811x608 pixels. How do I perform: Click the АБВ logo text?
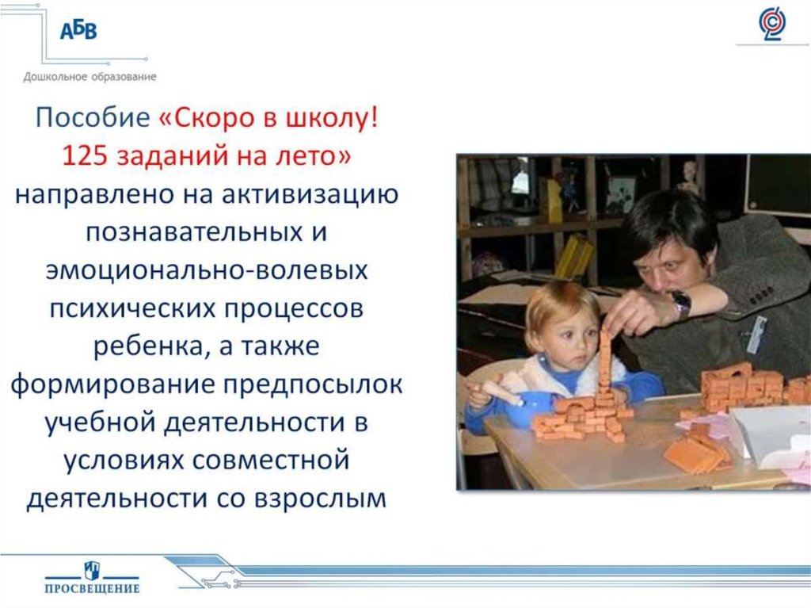point(78,31)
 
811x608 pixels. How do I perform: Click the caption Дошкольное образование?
point(89,77)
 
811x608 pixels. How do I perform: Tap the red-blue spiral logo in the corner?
point(771,23)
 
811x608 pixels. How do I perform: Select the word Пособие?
point(93,117)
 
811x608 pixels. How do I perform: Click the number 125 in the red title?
point(84,155)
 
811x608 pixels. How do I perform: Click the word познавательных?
point(194,232)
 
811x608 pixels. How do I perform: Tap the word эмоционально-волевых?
point(207,270)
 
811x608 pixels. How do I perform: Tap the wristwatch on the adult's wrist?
point(681,304)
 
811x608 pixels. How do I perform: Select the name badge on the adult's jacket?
point(756,334)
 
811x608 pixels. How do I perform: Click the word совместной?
point(271,461)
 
